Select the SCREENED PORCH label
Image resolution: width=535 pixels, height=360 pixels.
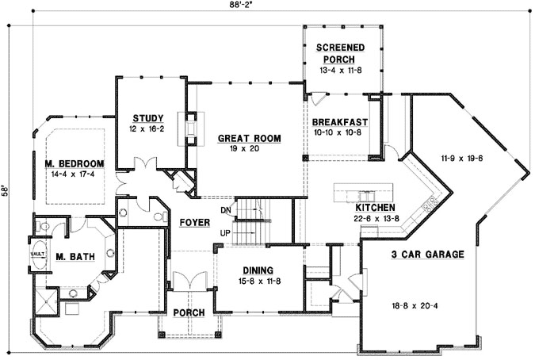click(341, 52)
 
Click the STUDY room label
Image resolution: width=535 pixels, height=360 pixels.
click(147, 118)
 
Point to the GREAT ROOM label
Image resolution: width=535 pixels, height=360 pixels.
click(250, 139)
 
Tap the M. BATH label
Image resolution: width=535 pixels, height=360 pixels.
click(71, 255)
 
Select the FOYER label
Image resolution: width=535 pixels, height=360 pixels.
click(193, 224)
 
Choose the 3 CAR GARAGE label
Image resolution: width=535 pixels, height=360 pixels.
click(427, 255)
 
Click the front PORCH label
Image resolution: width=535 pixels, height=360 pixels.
click(189, 312)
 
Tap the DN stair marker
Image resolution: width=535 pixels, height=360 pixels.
click(225, 209)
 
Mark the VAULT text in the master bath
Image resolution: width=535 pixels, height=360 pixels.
click(36, 255)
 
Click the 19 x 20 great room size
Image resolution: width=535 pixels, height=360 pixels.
click(250, 149)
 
